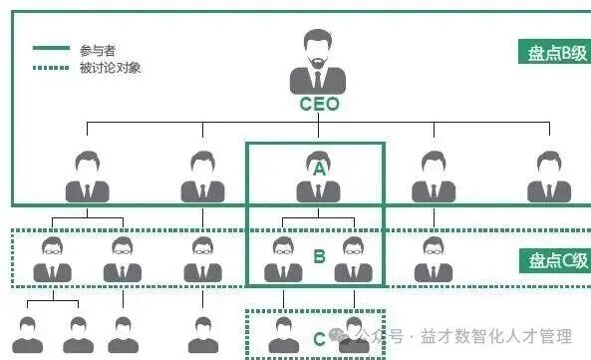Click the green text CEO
pos(319,104)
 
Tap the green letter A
pos(319,169)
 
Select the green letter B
pos(319,256)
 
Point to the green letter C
pos(319,339)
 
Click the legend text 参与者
pos(94,49)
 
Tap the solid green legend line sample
pos(51,49)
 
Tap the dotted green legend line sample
pos(51,68)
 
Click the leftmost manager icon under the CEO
pos(88,178)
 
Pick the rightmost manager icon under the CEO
pos(549,178)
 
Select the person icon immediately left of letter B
pos(284,259)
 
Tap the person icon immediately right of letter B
pos(353,259)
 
